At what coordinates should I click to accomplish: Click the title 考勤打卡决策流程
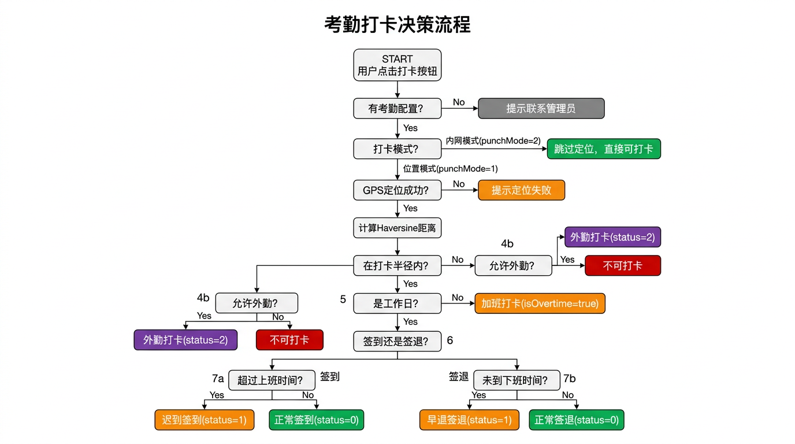pos(397,25)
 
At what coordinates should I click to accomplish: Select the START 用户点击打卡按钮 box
pos(397,65)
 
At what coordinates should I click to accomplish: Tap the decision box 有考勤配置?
pos(397,108)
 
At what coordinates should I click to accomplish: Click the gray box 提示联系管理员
pos(541,108)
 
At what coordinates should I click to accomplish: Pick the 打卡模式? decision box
pos(397,149)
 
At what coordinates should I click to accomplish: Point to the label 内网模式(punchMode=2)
pos(493,140)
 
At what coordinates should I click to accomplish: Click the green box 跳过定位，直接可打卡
pos(603,149)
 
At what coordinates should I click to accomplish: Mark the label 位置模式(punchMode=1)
pos(450,169)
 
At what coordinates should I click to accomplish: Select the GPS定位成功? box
pos(397,190)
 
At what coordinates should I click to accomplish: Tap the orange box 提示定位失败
pos(521,190)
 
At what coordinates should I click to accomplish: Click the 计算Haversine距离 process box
pos(397,228)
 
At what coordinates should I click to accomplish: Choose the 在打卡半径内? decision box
pos(397,266)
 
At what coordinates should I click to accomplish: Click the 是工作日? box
pos(397,303)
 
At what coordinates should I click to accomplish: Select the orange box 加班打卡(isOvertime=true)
pos(540,303)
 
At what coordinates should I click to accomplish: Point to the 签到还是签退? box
pos(397,341)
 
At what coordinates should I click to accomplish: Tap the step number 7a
pos(218,379)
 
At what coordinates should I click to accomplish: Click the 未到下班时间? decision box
pos(517,380)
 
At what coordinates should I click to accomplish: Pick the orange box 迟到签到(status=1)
pos(205,420)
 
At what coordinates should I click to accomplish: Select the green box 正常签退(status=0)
pos(577,420)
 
